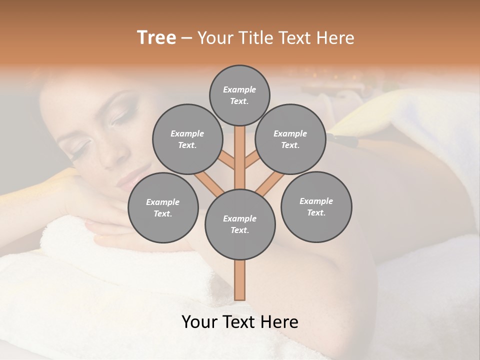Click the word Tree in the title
coord(156,38)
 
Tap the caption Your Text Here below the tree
coord(239,322)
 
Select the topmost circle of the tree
coord(239,95)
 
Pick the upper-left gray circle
coord(187,139)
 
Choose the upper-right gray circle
coord(290,139)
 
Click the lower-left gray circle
coord(162,207)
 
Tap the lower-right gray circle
coord(316,206)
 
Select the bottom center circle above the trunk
coord(239,224)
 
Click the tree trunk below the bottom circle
coord(239,280)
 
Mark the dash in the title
coord(186,38)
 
